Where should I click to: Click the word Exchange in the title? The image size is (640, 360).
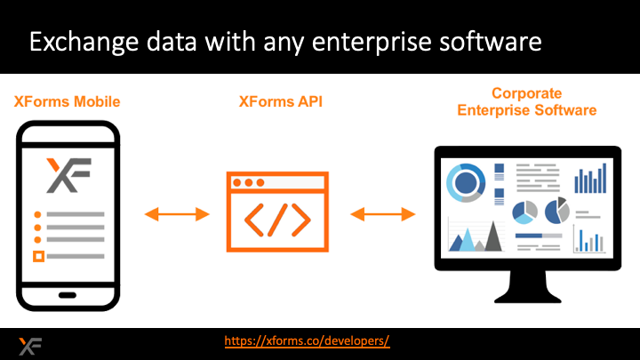click(x=78, y=42)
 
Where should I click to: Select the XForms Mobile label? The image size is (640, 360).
click(x=67, y=101)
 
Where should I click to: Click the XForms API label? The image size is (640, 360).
click(x=280, y=101)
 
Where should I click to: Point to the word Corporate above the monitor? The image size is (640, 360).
click(x=526, y=93)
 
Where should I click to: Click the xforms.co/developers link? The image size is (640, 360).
click(x=307, y=341)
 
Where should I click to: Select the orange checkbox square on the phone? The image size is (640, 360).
click(x=38, y=257)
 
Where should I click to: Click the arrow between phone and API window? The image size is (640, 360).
click(x=177, y=213)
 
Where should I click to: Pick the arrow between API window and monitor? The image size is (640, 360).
click(x=383, y=213)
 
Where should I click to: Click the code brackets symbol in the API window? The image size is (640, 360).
click(x=278, y=219)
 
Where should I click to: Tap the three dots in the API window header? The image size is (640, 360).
click(x=248, y=183)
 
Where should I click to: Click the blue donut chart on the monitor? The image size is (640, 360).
click(x=466, y=183)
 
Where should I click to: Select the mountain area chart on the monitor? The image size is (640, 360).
click(x=475, y=237)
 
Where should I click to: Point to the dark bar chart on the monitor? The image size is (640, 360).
click(x=588, y=180)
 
